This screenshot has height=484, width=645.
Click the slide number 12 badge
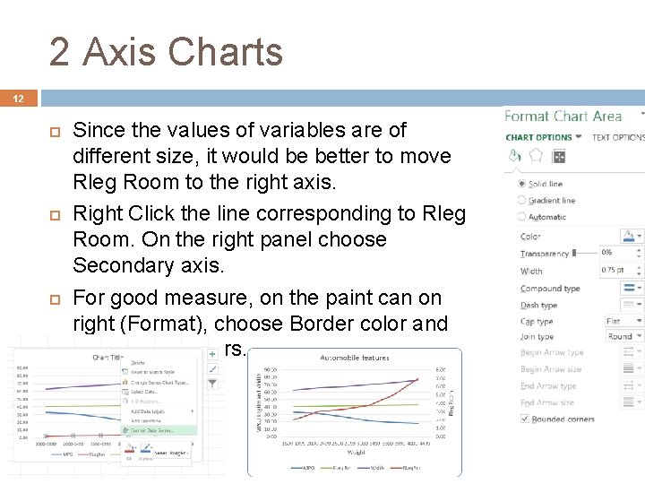pos(18,99)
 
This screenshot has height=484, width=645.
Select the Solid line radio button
pos(522,184)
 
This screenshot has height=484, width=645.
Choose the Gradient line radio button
pos(522,201)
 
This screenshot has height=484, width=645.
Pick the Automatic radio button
pos(522,217)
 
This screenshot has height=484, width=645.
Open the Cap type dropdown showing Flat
pos(623,321)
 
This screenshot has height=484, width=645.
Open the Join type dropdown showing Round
pos(623,337)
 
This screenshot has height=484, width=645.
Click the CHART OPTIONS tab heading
pos(538,137)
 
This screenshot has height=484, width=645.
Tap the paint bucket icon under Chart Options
pos(515,156)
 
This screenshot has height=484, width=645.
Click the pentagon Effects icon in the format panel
pos(536,156)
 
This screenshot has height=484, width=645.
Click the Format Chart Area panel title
pos(563,116)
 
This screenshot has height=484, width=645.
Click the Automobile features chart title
pos(356,358)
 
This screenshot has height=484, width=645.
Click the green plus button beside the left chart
pos(212,354)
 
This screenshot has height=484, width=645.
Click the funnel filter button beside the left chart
pos(212,383)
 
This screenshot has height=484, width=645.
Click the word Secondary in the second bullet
pos(116,265)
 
